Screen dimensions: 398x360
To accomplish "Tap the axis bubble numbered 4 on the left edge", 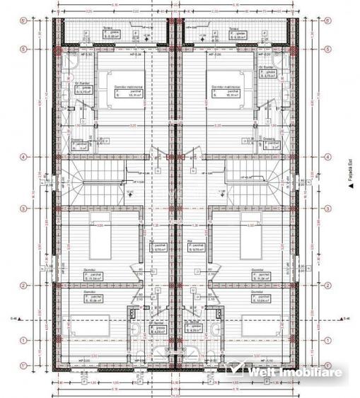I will (23, 157).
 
